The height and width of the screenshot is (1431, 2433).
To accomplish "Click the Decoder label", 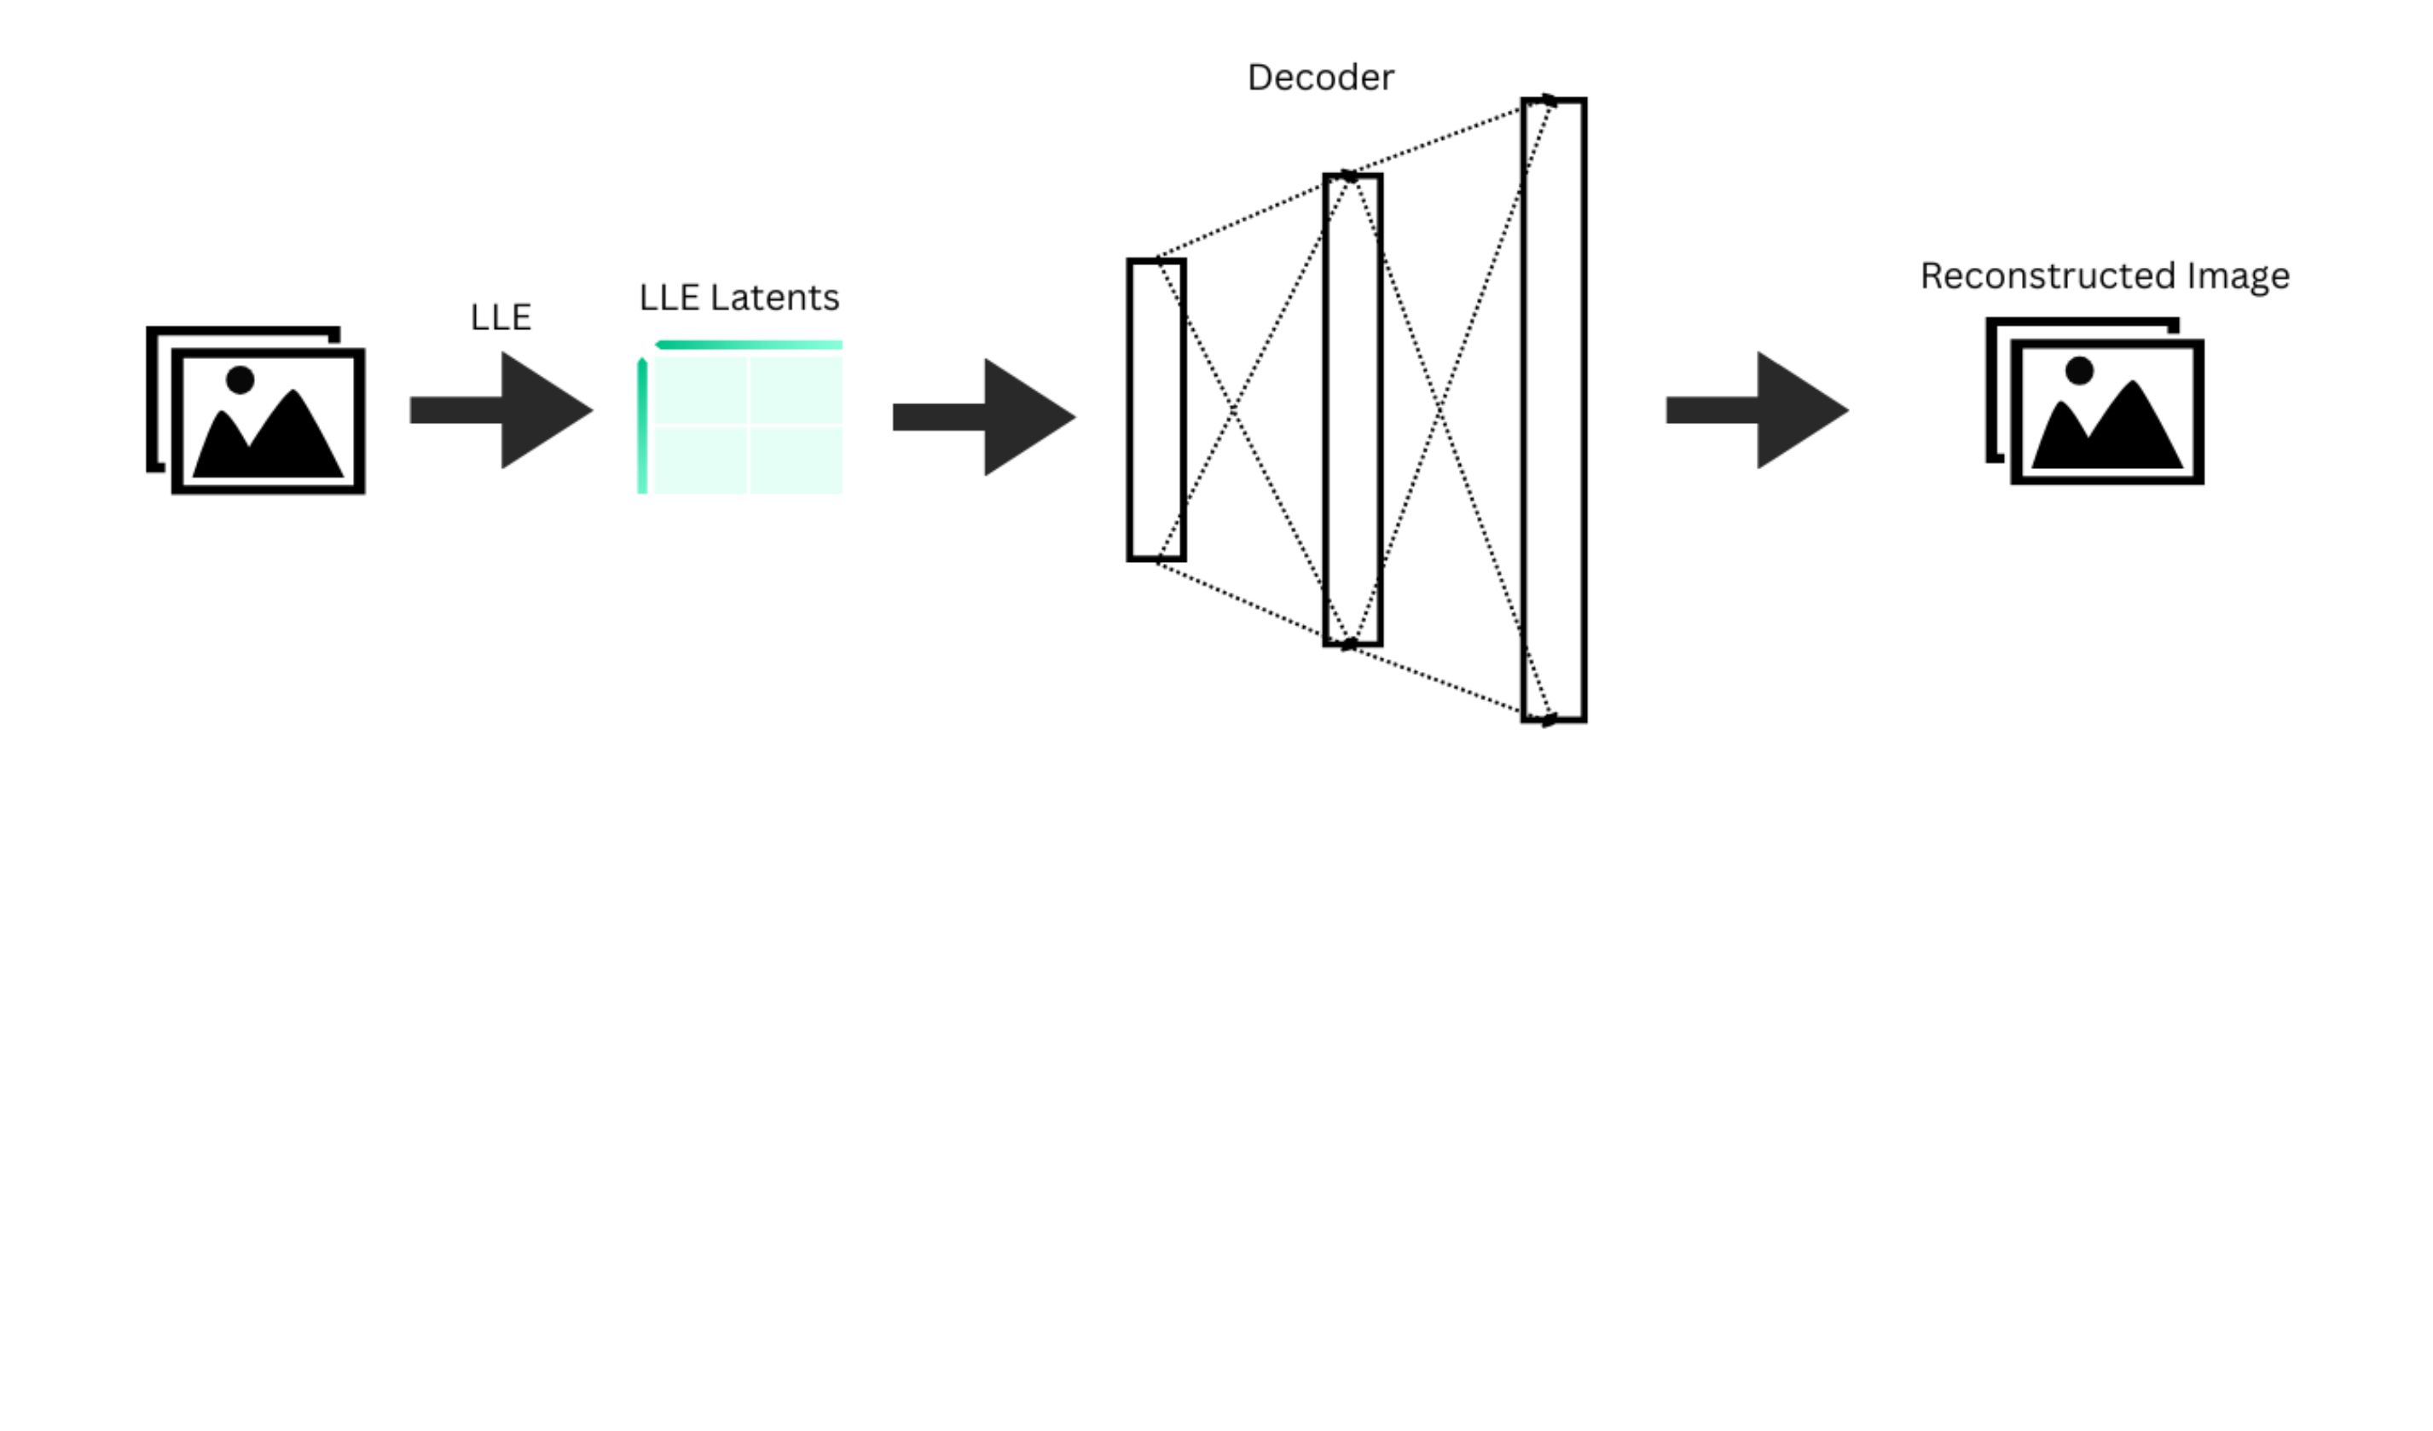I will coord(1320,78).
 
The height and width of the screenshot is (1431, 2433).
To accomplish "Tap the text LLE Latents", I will coord(739,298).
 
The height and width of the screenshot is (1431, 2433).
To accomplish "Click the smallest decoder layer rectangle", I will coord(1156,409).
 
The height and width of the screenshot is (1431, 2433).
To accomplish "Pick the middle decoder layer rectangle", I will coord(1352,409).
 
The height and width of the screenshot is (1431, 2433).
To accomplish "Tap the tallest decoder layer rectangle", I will coord(1554,409).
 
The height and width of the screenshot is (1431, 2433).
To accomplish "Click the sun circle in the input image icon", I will coord(240,379).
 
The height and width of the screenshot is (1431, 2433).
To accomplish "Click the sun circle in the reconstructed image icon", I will coord(2079,371).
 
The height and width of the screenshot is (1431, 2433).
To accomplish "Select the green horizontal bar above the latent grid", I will coord(750,345).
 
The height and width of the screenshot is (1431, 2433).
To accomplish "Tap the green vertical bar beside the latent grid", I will coord(642,426).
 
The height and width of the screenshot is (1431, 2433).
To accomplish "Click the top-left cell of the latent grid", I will coord(700,390).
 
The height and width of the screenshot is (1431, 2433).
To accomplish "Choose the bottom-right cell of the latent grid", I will coord(796,460).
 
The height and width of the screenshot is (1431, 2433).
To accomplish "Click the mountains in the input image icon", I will coord(269,439).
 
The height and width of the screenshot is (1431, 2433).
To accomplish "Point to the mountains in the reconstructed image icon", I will coord(2107,431).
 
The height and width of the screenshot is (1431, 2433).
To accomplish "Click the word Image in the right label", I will coord(2237,276).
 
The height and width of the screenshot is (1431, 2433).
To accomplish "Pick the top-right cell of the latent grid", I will coord(796,390).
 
